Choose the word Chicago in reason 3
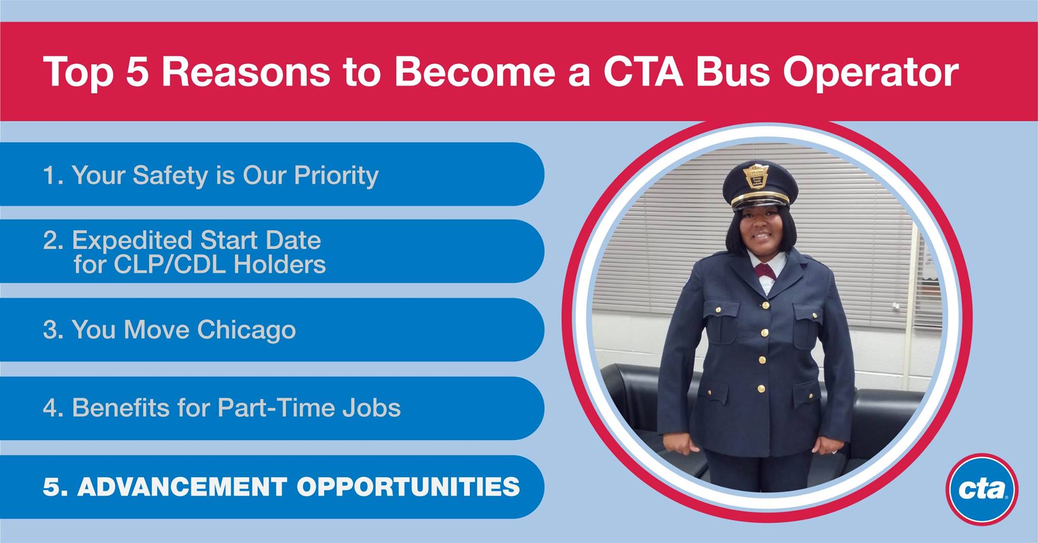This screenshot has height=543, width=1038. coord(246,331)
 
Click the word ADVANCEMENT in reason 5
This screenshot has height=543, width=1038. coord(182,487)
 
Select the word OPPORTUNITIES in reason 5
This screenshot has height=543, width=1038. coord(408,487)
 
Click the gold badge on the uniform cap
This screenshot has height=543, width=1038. coord(756,176)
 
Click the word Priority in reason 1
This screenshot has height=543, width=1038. coord(337,176)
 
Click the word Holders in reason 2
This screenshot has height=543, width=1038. coord(280,265)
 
